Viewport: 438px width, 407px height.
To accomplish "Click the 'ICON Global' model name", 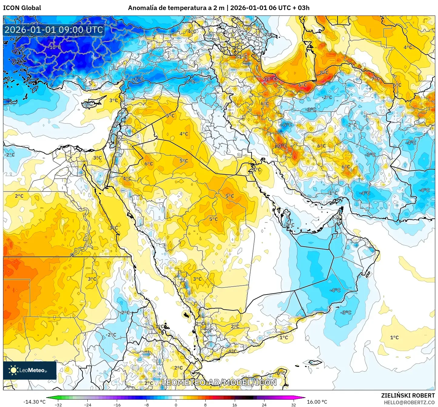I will [x=22, y=8].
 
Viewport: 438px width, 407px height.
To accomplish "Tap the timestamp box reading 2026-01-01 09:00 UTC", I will [x=54, y=30].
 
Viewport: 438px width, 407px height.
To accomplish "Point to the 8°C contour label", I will [x=324, y=72].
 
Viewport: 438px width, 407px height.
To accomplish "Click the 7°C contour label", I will [x=376, y=79].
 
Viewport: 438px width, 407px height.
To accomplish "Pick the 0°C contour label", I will [x=281, y=373].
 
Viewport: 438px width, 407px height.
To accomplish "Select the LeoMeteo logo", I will [x=29, y=370].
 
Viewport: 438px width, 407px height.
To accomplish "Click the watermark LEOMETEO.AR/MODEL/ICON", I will [x=219, y=382].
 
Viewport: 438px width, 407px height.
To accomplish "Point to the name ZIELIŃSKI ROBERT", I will [x=408, y=395].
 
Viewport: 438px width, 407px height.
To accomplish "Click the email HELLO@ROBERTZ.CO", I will [x=409, y=402].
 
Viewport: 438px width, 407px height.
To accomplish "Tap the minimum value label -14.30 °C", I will [x=34, y=402].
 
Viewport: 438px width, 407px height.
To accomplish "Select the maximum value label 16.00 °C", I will [x=317, y=402].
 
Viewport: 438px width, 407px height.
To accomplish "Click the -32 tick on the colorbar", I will [x=58, y=405].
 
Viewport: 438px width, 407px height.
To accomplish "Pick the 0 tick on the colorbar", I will [x=176, y=405].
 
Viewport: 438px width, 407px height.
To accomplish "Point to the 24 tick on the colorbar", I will [x=264, y=405].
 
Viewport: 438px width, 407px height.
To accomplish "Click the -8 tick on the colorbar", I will [x=147, y=405].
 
